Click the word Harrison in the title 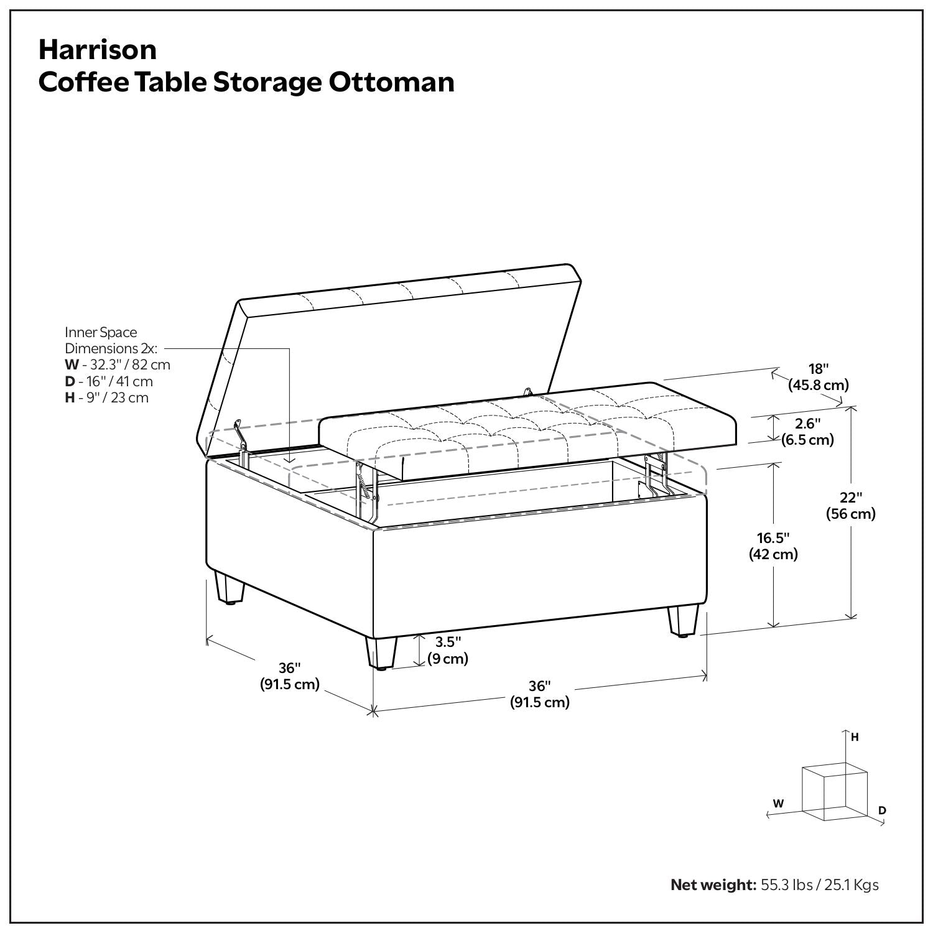tap(98, 50)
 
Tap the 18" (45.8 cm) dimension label tap(818, 377)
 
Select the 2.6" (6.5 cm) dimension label tap(807, 432)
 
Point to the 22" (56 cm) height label tap(850, 506)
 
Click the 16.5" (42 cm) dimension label tap(773, 545)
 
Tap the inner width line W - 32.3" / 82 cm tap(118, 364)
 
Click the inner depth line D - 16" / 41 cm tap(109, 381)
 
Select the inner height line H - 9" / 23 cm tap(107, 397)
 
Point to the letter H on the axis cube tap(855, 737)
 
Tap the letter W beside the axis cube tap(778, 803)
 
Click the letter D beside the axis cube tap(882, 810)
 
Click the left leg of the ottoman tap(228, 588)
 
